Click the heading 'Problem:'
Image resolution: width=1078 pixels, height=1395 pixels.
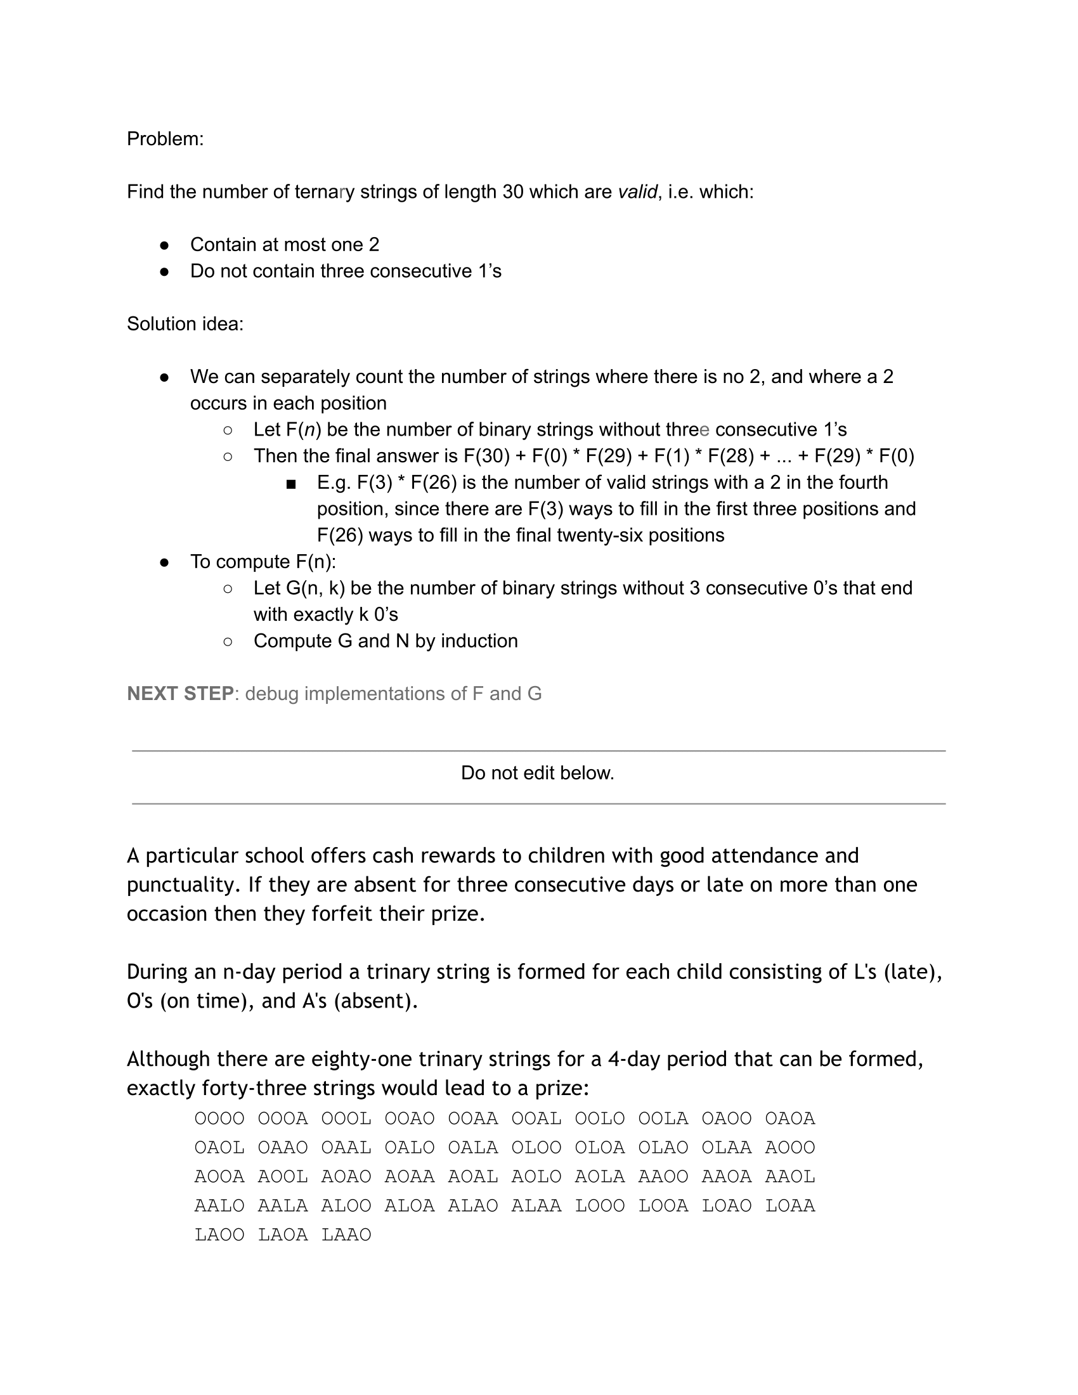(165, 139)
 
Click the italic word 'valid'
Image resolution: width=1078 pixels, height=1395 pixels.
(637, 191)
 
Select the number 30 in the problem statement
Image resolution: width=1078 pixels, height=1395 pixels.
(513, 191)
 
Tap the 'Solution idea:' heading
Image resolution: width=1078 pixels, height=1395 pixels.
(185, 324)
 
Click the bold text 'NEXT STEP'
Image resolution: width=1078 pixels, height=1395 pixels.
(180, 694)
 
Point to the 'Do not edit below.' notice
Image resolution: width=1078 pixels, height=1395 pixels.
(538, 773)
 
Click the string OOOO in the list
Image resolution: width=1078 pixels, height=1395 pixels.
(219, 1119)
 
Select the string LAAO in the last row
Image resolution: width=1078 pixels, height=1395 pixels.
(346, 1235)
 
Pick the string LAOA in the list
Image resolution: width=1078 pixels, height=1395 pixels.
(283, 1235)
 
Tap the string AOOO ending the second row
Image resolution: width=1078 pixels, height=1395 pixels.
(790, 1148)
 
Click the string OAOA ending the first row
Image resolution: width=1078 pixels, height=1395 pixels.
(790, 1119)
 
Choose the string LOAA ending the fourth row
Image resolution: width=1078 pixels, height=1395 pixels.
(790, 1206)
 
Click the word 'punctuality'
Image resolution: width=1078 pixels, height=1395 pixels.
(183, 885)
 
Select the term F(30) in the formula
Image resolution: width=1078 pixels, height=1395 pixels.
(486, 456)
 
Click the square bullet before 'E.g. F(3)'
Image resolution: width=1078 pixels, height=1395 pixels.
(291, 484)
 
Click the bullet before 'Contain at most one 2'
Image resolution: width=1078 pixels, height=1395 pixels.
(164, 245)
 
